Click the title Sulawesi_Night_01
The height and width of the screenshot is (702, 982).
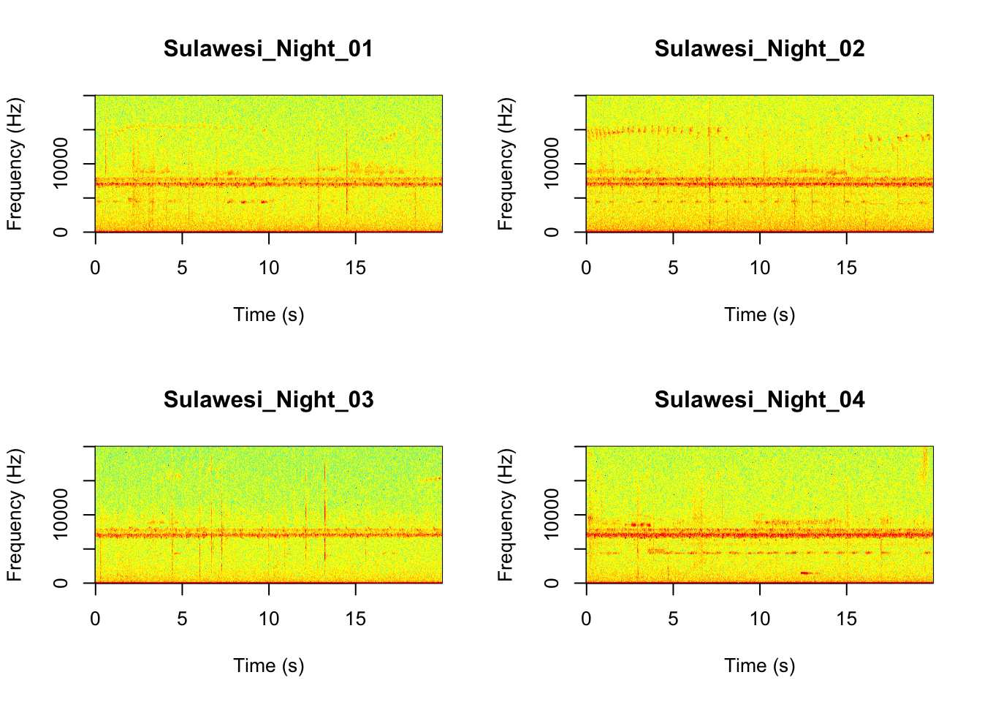268,49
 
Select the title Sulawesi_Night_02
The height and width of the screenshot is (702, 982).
759,49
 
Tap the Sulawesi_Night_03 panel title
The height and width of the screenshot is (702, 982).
268,400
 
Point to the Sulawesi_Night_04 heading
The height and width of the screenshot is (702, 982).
759,400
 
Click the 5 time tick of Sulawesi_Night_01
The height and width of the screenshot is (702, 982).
182,268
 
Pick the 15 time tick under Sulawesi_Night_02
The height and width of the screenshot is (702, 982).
846,268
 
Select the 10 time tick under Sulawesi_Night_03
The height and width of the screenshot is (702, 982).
269,619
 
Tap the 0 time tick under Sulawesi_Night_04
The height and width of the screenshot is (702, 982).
586,619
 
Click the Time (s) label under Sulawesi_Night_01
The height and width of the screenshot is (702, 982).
268,315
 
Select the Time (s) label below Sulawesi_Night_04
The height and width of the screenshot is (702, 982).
759,666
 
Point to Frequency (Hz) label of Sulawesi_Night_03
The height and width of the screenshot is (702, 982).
15,514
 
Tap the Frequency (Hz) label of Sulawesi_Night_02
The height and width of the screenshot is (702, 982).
506,163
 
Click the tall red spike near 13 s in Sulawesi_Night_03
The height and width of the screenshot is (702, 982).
324,512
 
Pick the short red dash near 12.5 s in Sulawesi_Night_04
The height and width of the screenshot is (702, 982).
806,573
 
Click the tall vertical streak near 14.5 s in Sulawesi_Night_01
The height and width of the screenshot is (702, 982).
346,172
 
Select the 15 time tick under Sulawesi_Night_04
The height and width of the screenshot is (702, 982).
846,619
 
